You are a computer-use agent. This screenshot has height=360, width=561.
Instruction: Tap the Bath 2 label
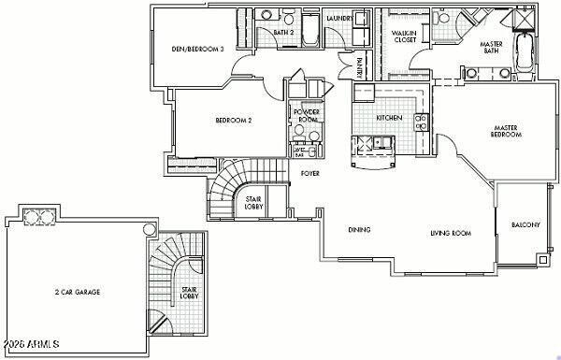coord(285,34)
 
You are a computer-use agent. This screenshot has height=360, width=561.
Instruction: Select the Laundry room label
coord(338,17)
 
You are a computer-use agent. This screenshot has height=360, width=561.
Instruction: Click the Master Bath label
coord(491,48)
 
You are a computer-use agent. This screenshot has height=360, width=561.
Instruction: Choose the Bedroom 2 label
coord(234,120)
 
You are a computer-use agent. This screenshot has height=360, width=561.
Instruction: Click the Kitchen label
coord(389,119)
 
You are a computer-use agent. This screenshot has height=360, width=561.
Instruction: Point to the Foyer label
coord(310,173)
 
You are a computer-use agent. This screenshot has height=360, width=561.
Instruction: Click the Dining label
coord(359,230)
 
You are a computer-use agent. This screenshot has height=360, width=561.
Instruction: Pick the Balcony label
coord(525,225)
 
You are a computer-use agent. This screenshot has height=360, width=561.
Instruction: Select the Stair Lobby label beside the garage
coord(189,293)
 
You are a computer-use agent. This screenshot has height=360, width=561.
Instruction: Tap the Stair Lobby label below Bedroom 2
coord(253,201)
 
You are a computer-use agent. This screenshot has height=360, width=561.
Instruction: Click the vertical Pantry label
coord(360,67)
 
